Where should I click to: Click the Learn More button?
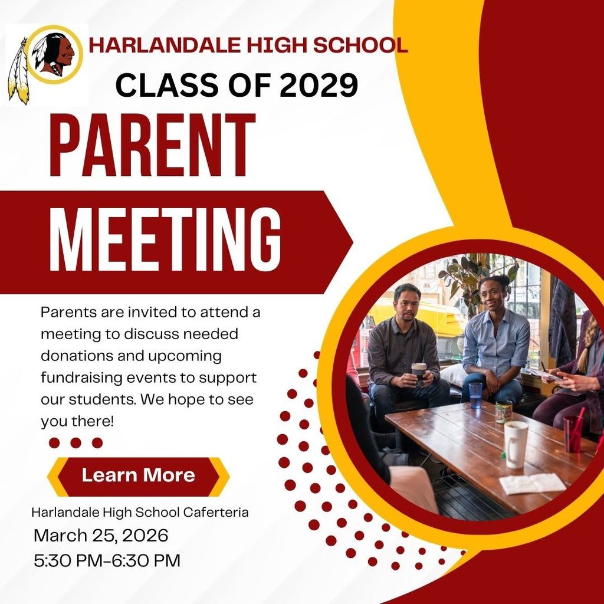coord(138,475)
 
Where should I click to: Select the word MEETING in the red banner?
coord(165,241)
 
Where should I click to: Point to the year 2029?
coord(319,85)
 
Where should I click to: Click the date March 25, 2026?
coord(101,536)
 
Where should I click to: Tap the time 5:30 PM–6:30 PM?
coord(107,560)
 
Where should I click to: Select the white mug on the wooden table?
coord(516,444)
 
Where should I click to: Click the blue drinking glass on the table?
coord(475,395)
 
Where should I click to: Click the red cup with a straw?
coord(572,434)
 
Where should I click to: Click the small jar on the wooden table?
coord(503,411)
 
